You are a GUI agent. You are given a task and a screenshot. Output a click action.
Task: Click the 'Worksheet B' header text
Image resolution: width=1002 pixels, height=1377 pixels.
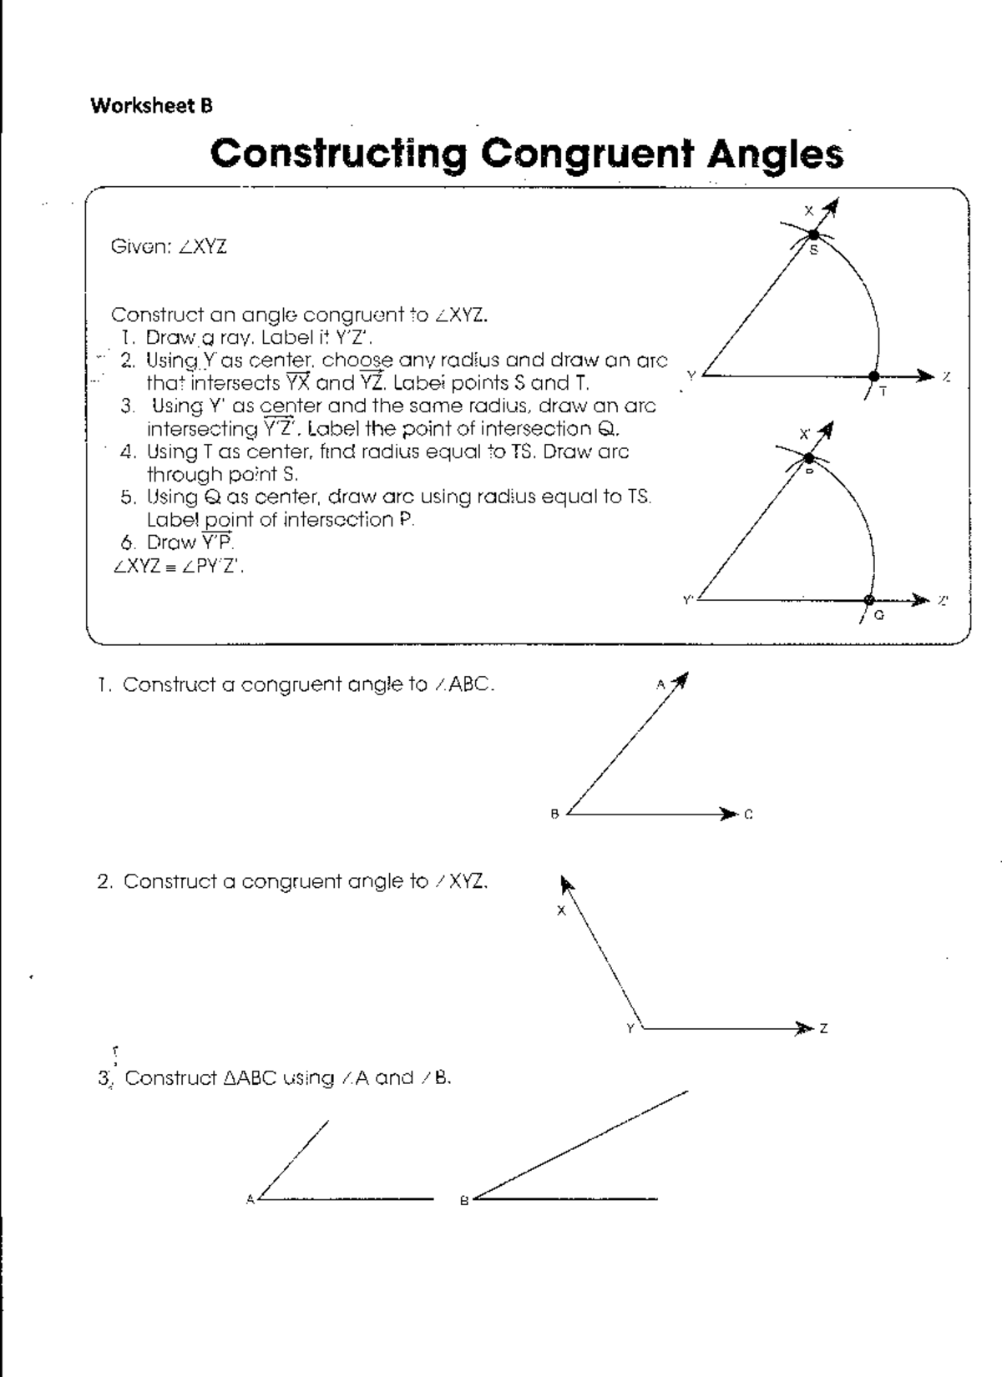click(x=151, y=106)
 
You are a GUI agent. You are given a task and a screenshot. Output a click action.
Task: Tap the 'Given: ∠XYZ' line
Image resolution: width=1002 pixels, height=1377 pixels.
click(x=169, y=247)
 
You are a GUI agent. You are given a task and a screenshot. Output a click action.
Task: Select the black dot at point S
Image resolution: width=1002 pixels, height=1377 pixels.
click(x=813, y=236)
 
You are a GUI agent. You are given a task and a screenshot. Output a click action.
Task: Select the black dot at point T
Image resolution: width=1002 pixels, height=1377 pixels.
click(x=873, y=376)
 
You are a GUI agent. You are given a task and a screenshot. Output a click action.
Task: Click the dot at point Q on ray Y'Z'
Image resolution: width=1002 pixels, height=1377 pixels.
click(x=869, y=600)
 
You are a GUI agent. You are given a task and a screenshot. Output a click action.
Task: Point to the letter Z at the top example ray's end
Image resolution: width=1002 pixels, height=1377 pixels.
click(x=946, y=377)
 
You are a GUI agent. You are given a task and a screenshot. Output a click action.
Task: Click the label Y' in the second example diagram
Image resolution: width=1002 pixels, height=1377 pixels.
click(x=688, y=599)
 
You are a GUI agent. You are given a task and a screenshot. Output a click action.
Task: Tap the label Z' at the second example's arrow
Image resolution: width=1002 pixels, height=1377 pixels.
click(x=944, y=600)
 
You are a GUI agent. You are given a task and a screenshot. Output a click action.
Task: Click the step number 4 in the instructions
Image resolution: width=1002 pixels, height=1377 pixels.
click(x=128, y=452)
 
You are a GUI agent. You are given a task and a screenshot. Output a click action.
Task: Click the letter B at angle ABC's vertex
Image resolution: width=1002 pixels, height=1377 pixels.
click(x=554, y=815)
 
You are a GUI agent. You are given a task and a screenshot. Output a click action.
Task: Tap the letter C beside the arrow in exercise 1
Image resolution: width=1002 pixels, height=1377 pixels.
click(x=749, y=815)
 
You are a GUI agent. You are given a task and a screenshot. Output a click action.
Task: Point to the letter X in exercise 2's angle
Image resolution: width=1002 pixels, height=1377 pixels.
click(x=561, y=910)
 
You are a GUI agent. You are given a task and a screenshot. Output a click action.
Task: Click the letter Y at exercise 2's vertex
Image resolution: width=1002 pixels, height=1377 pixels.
click(x=631, y=1028)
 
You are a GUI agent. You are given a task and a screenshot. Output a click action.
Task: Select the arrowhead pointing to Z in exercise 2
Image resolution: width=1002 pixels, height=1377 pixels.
click(x=804, y=1028)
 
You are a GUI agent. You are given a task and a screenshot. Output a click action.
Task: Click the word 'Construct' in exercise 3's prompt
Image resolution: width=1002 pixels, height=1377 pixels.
click(x=171, y=1078)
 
